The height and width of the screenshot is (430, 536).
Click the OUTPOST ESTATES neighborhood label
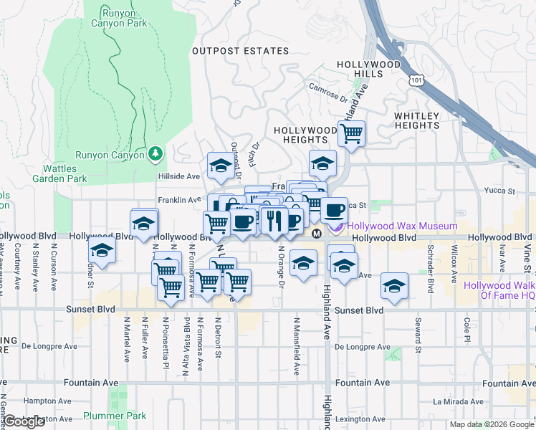pyautogui.click(x=241, y=51)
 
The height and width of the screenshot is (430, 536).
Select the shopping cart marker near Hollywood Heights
pyautogui.click(x=351, y=133)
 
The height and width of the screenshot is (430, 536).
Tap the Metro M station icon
pyautogui.click(x=316, y=234)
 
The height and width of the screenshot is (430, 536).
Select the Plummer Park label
pyautogui.click(x=115, y=416)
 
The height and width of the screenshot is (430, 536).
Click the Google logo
pyautogui.click(x=24, y=422)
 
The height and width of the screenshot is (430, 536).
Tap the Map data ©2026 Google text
pyautogui.click(x=492, y=424)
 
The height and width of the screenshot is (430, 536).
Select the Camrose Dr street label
pyautogui.click(x=328, y=91)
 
